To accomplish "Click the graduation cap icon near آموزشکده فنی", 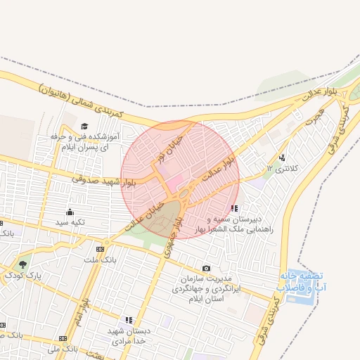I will coord(84,126).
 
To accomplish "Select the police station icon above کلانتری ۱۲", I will coord(282,158).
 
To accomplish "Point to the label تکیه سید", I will coord(70,222).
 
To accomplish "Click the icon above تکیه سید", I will coord(70,212).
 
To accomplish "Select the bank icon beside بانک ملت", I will coord(99,249).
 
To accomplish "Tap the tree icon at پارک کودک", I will coord(23,265).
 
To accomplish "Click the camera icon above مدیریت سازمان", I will coord(206,269).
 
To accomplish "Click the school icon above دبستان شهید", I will coord(128,320).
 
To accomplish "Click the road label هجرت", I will coord(314,117).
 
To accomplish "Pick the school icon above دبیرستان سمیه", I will coord(233,208).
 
